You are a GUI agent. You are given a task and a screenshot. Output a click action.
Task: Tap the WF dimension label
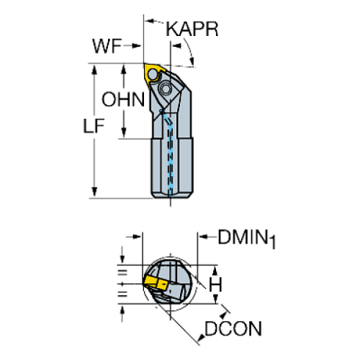click(x=108, y=47)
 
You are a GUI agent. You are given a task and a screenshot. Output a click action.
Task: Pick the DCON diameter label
click(x=233, y=328)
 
